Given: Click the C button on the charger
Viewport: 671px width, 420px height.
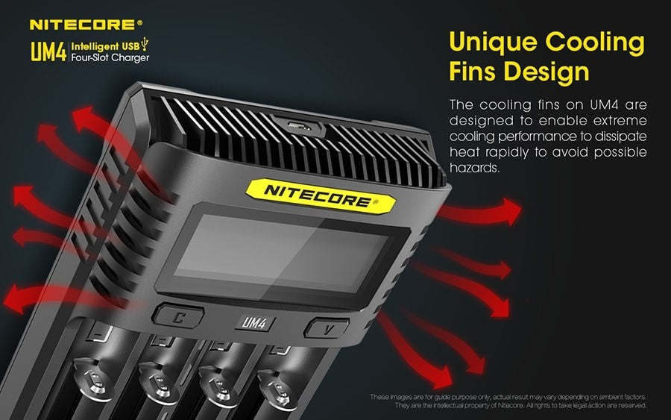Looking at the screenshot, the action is pos(177,317).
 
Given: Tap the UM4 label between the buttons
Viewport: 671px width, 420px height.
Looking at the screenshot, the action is pos(254,322).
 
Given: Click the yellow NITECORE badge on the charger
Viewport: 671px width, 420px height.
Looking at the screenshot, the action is pos(321,195).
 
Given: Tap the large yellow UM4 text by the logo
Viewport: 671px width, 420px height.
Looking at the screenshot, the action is pos(48,51).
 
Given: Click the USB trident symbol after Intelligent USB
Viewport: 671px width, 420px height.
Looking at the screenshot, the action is pos(145,43).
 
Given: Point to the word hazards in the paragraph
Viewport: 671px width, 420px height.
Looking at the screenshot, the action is pos(474,167).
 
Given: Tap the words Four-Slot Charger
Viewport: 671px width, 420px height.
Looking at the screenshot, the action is pos(110,57).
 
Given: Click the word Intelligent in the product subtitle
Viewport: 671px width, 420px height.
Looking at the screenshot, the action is pos(95,46).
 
